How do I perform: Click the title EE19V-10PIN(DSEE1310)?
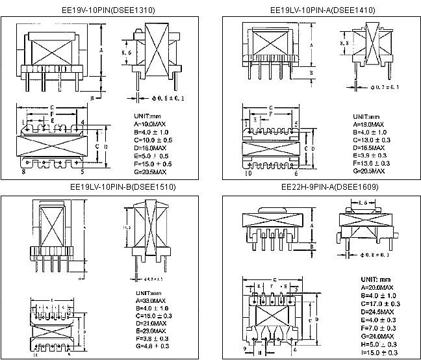[x=104, y=10]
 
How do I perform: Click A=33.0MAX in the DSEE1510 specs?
[x=150, y=301]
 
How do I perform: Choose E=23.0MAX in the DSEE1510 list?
[x=150, y=331]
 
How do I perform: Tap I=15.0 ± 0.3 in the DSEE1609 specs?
[x=379, y=353]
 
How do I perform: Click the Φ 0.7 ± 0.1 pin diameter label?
[x=381, y=86]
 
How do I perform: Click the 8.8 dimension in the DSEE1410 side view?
[x=348, y=44]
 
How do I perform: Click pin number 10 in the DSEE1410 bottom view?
[x=248, y=174]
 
